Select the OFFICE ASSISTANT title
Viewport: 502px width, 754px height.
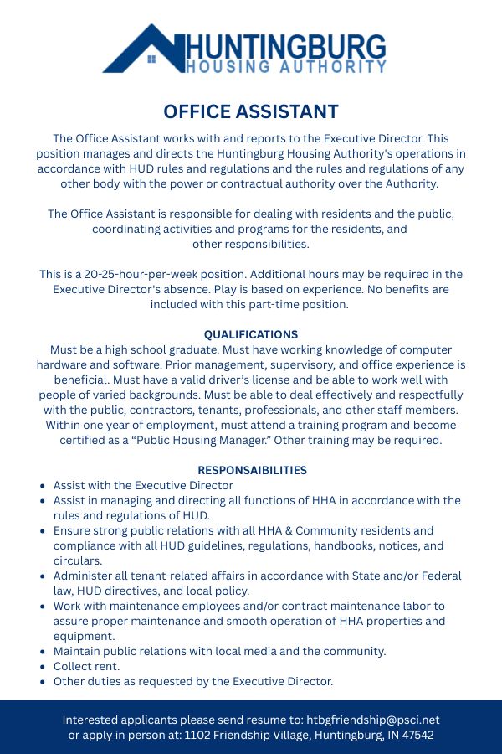tap(251, 111)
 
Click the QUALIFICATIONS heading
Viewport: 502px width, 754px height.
tap(251, 334)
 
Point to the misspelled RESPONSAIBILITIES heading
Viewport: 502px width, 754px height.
tap(252, 470)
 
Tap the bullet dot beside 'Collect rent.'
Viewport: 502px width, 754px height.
tap(44, 667)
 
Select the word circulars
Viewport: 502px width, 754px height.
tap(77, 560)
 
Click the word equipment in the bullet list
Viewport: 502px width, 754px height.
tap(83, 636)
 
